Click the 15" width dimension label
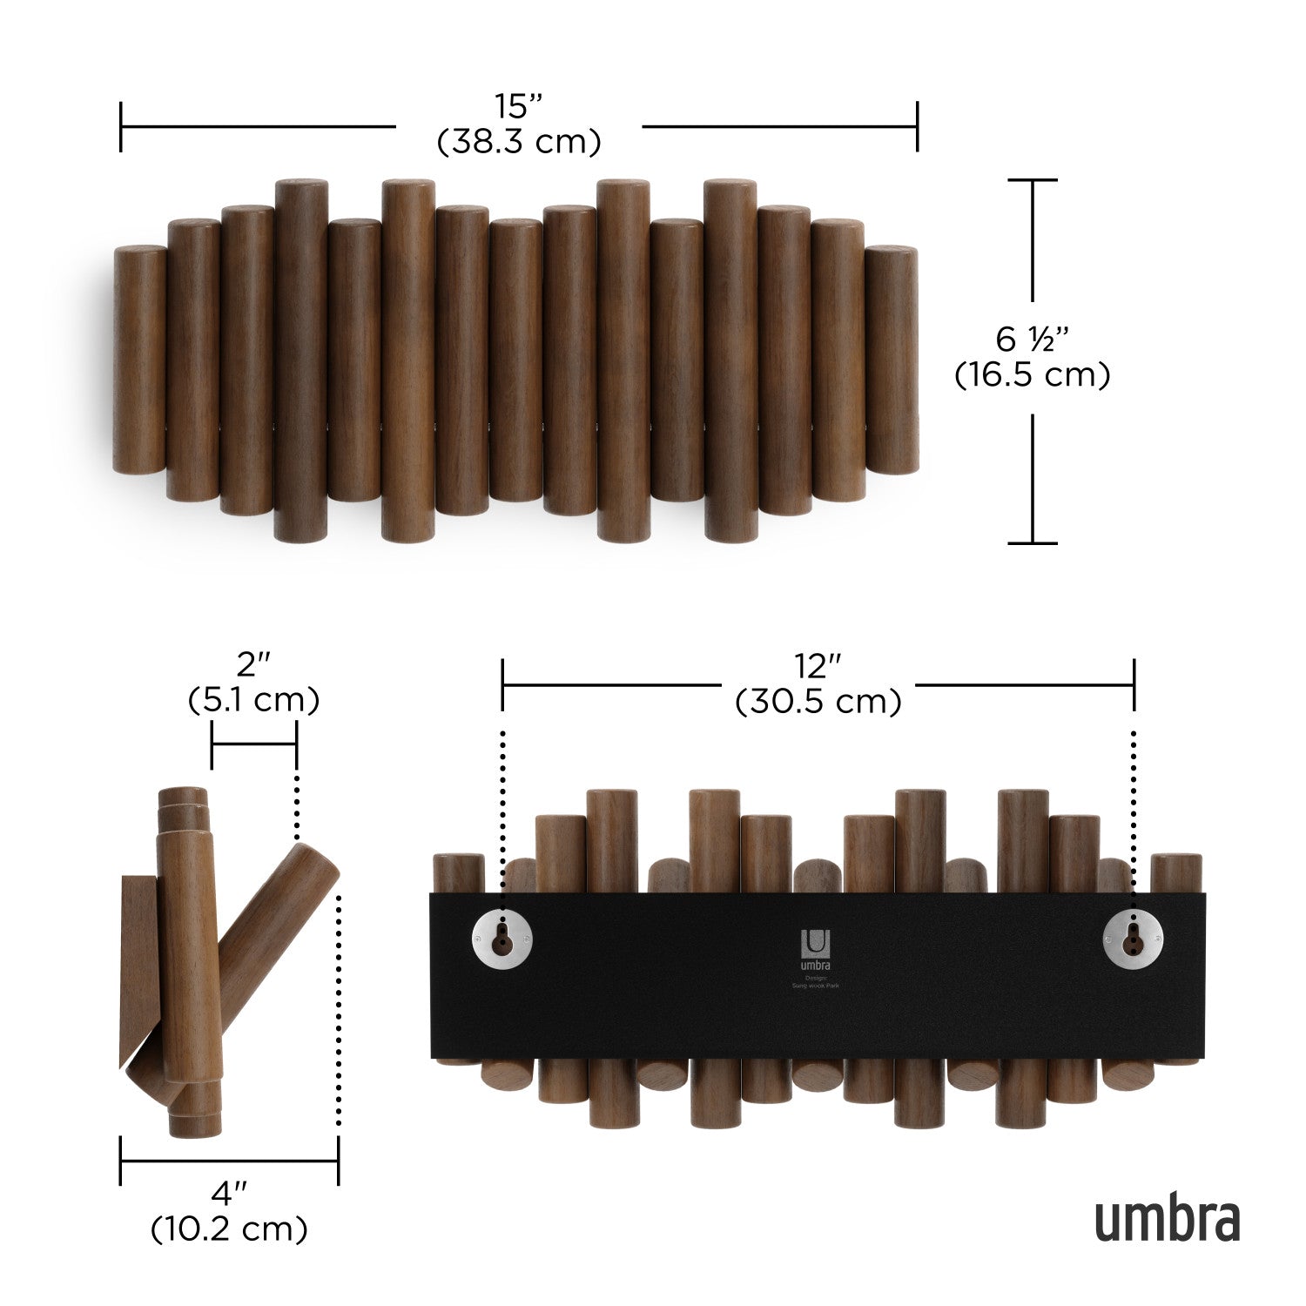click(x=519, y=107)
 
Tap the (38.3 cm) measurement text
click(x=519, y=142)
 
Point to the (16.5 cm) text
click(x=1033, y=375)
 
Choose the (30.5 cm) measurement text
click(x=818, y=702)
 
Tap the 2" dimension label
click(x=253, y=665)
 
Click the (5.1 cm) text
click(x=253, y=700)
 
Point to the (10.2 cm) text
click(x=229, y=1229)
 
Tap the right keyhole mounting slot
click(x=1133, y=937)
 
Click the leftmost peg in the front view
click(x=139, y=360)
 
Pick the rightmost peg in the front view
click(x=891, y=360)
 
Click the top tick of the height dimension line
click(x=1033, y=180)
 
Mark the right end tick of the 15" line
click(x=917, y=126)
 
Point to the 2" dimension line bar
click(x=253, y=744)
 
